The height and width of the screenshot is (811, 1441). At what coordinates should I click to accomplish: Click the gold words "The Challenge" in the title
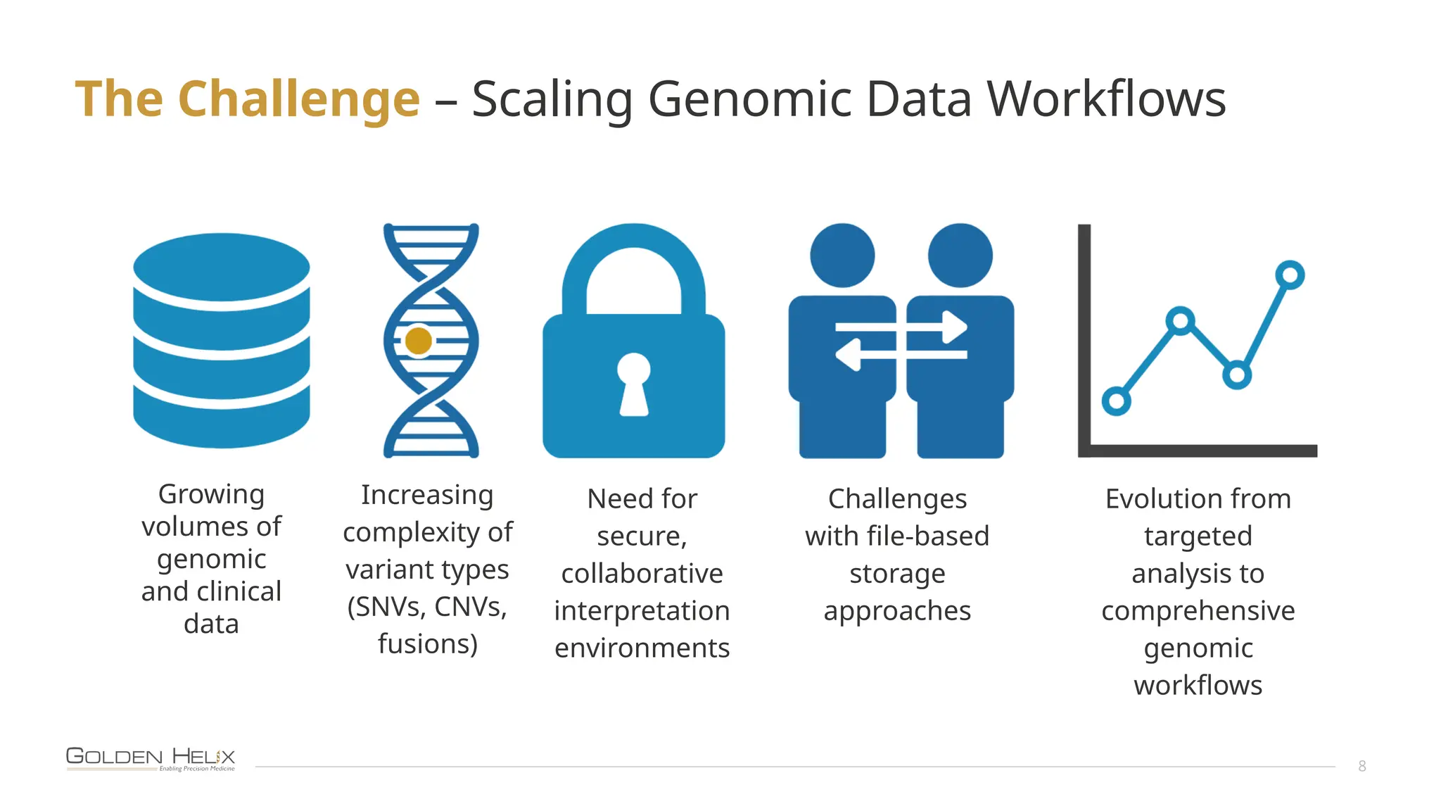point(248,99)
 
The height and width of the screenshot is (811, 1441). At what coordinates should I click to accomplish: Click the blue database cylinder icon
point(222,341)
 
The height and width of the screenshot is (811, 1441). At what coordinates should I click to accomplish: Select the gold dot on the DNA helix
point(419,341)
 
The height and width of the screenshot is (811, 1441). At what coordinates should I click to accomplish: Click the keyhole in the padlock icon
point(634,384)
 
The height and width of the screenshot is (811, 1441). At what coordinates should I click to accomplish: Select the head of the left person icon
point(842,256)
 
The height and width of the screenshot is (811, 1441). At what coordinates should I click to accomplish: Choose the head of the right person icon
point(960,256)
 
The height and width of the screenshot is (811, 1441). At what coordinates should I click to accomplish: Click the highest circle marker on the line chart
point(1290,275)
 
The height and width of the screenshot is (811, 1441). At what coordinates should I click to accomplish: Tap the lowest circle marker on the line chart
point(1116,401)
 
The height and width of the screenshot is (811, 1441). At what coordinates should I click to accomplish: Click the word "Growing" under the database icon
point(211,494)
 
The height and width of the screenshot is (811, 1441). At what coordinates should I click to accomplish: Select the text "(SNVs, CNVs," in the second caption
point(427,607)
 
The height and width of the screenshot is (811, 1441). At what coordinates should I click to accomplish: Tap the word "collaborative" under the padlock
point(642,574)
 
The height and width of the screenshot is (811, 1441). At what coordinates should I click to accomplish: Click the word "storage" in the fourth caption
point(897,574)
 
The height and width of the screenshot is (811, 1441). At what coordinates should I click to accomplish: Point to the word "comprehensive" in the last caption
point(1198,610)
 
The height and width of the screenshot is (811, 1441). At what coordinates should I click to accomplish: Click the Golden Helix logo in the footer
point(151,759)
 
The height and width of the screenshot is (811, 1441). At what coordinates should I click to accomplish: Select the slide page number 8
point(1361,766)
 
